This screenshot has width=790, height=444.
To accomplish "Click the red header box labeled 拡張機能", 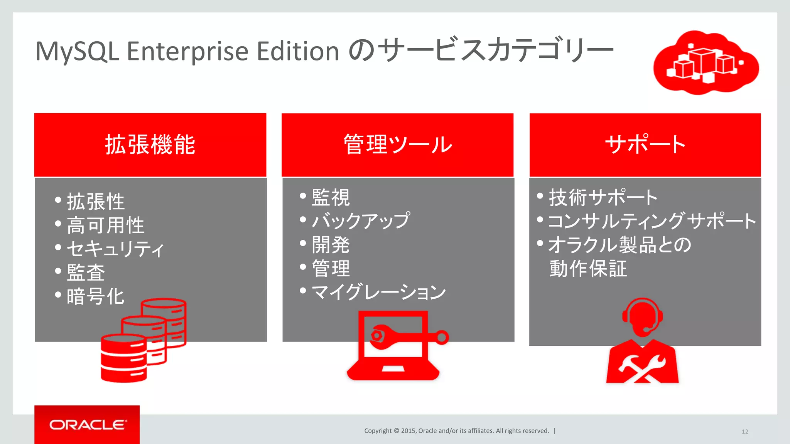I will (150, 145).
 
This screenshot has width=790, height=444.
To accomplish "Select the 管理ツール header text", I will (397, 145).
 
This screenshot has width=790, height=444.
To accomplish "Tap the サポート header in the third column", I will (645, 145).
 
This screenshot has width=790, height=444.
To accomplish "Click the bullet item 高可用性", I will (105, 225).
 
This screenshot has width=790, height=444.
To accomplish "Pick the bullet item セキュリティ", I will (115, 249).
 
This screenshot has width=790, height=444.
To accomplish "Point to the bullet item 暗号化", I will (95, 296).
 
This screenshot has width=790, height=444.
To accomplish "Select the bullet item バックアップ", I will (361, 221).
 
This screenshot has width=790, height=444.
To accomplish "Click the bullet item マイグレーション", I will (378, 292).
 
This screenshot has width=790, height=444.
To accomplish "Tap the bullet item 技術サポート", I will (603, 197).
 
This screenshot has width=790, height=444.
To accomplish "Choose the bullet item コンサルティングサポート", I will (652, 221).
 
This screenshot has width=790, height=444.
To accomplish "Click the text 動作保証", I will (588, 269).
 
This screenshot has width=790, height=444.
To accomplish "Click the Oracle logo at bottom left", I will (87, 425).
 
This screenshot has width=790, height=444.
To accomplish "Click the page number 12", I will (744, 432).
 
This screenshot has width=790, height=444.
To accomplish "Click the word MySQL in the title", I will (77, 51).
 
